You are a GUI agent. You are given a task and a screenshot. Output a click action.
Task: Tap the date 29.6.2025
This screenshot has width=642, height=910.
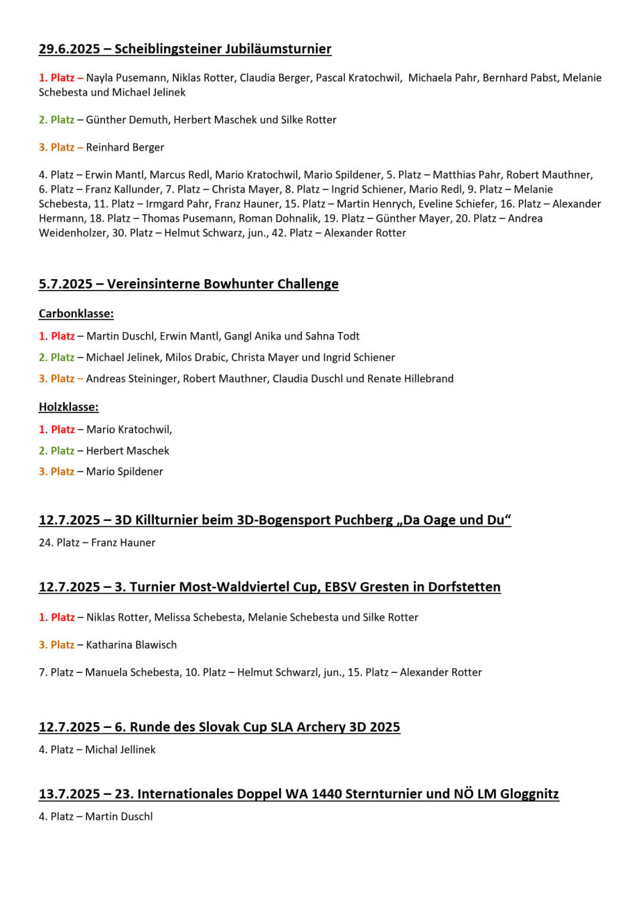[70, 49]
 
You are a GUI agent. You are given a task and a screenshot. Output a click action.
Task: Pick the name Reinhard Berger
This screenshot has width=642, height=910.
[125, 147]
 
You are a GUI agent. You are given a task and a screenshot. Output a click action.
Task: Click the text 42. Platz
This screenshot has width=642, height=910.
[292, 233]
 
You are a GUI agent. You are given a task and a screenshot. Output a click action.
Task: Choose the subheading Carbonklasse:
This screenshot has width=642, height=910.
[76, 313]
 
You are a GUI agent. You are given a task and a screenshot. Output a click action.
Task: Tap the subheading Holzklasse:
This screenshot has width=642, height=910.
[68, 407]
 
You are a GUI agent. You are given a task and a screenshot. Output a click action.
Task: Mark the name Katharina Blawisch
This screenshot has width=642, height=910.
[131, 645]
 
